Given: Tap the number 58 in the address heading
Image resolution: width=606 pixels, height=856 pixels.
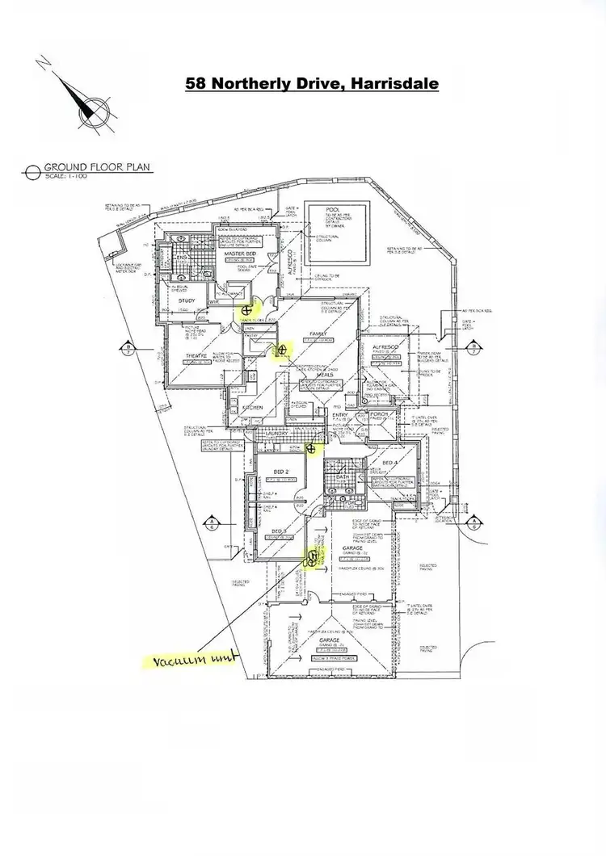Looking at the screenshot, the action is tap(196, 82).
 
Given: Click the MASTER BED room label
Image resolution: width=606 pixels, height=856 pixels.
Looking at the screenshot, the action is tap(217, 254).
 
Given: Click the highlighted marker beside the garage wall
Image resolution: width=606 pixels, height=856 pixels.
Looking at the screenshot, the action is tap(311, 555).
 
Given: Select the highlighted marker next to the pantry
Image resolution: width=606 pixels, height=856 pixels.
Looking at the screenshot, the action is tap(282, 350).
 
